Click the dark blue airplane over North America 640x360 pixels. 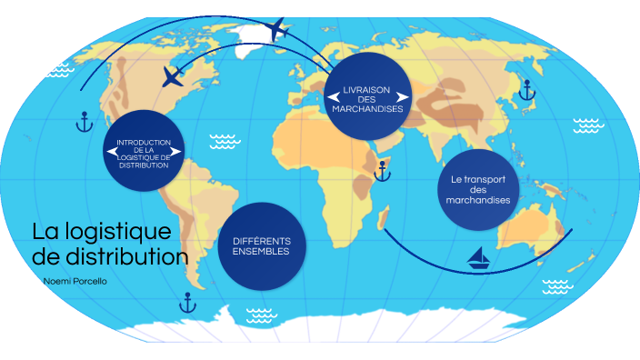tap(173, 76)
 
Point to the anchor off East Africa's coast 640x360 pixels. tap(383, 169)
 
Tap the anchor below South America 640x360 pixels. tap(188, 302)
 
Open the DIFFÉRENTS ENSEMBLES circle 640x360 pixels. tap(261, 245)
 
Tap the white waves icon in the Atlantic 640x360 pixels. tap(223, 141)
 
